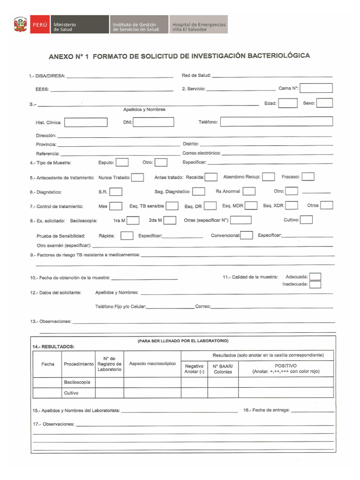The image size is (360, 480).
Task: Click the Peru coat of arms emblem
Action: click(x=21, y=24)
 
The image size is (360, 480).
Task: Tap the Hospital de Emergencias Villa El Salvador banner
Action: click(x=199, y=24)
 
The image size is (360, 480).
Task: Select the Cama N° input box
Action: click(x=316, y=88)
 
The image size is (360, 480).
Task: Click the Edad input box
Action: click(x=288, y=103)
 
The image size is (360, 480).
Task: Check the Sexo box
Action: click(x=324, y=103)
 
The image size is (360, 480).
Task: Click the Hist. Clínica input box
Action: click(x=86, y=122)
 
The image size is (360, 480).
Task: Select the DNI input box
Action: click(x=154, y=122)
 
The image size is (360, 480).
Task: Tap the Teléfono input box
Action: click(x=277, y=122)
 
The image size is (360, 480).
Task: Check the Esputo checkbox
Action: click(x=122, y=162)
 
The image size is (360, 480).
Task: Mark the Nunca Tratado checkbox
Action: click(x=137, y=177)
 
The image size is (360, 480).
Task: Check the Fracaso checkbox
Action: click(x=308, y=177)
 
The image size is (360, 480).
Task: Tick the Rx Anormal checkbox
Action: click(x=249, y=191)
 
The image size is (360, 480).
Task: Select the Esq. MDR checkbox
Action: click(x=251, y=205)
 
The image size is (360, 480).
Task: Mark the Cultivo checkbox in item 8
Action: click(x=307, y=219)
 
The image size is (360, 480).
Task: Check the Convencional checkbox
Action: click(x=247, y=235)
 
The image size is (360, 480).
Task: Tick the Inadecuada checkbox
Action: click(x=315, y=284)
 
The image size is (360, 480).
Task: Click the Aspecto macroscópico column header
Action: click(x=152, y=363)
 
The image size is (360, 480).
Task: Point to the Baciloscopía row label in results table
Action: click(x=77, y=382)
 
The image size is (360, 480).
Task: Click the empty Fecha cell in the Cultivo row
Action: click(x=47, y=393)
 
